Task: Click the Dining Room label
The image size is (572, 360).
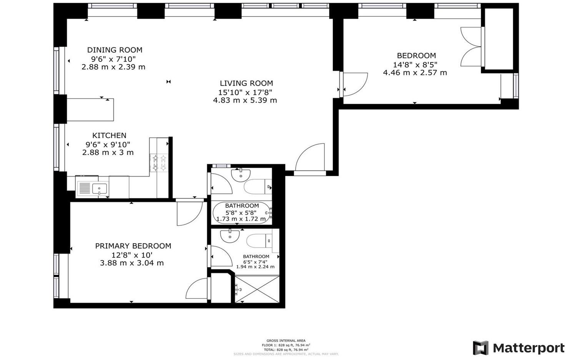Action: pyautogui.click(x=115, y=50)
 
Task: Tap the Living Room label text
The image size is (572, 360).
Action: pyautogui.click(x=246, y=83)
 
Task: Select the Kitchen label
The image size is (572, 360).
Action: pyautogui.click(x=109, y=135)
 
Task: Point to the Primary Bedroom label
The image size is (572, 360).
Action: pyautogui.click(x=133, y=246)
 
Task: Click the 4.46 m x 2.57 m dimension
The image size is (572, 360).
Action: pyautogui.click(x=415, y=73)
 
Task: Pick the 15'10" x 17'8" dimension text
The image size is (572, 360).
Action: pyautogui.click(x=245, y=92)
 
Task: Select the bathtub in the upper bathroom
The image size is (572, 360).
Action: pyautogui.click(x=242, y=213)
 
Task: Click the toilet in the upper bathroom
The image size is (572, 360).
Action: pyautogui.click(x=258, y=187)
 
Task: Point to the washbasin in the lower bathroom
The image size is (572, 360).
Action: pyautogui.click(x=230, y=235)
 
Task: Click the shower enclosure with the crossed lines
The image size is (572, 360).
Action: pyautogui.click(x=257, y=289)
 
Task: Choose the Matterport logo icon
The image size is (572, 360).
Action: pyautogui.click(x=481, y=348)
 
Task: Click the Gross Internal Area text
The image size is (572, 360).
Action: pyautogui.click(x=286, y=340)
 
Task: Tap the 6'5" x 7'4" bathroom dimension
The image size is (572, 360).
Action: pyautogui.click(x=256, y=262)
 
